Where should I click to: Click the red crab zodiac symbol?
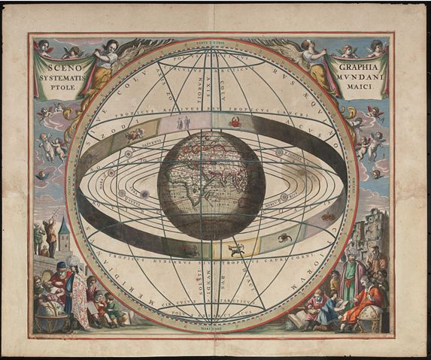[235, 121]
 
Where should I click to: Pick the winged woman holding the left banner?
[109, 63]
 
